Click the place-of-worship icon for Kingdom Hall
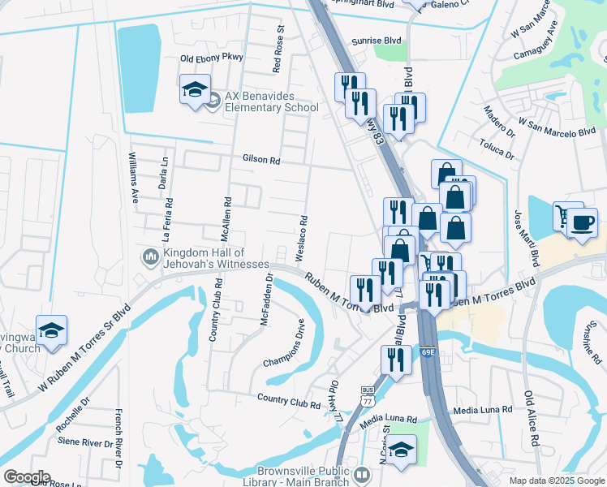pos(150,257)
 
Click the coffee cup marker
pos(581,222)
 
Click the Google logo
pos(27,477)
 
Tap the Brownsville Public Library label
pos(303,476)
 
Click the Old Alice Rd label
pos(532,419)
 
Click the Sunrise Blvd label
pos(377,40)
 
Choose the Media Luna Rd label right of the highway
pos(484,410)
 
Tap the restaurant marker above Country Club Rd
pos(396,360)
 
